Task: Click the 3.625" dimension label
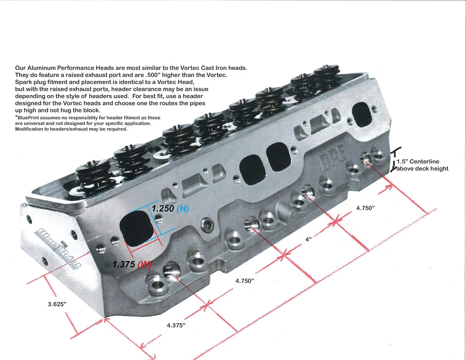click(57, 304)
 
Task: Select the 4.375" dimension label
click(176, 325)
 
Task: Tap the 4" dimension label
click(308, 239)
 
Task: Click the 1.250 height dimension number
click(163, 208)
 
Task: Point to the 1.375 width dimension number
click(124, 264)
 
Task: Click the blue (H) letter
click(183, 208)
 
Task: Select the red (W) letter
click(144, 265)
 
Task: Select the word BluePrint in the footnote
click(29, 118)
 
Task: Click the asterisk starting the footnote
click(16, 116)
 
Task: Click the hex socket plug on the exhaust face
click(207, 224)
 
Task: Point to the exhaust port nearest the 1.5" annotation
click(362, 114)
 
